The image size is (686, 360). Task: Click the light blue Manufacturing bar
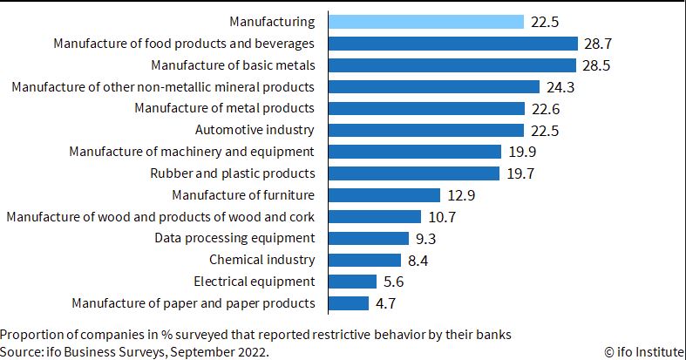point(426,22)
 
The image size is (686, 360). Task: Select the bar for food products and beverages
point(453,44)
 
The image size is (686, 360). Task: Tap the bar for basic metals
point(452,65)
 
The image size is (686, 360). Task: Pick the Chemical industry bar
point(365,261)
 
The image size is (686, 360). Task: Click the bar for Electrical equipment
point(353,282)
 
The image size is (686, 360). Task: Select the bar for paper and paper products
point(349,303)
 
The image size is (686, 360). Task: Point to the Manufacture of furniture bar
point(384,195)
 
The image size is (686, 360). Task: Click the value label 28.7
point(598,44)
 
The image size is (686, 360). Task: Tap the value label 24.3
point(560,87)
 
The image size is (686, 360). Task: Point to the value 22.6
point(546,109)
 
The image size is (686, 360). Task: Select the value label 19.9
point(522,152)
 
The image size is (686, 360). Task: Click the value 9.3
point(425,239)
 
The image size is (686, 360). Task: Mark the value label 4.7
point(385,303)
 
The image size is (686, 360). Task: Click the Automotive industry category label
point(255,130)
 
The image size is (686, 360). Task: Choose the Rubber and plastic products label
point(233,173)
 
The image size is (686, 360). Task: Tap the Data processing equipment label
point(234,238)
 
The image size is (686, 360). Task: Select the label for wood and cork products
point(160,216)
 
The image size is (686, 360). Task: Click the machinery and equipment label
point(192,152)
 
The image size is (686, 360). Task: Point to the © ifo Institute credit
point(644,351)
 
